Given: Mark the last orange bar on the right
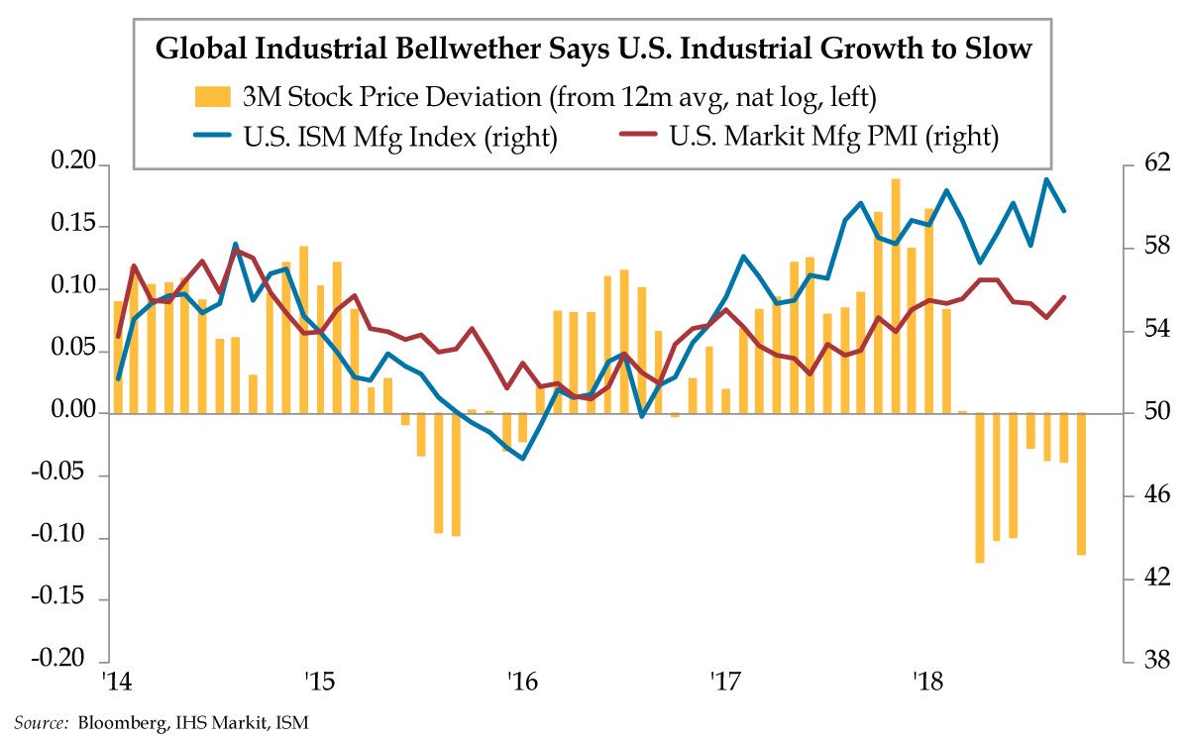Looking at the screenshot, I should (1081, 483).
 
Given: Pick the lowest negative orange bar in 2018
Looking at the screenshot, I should (980, 487).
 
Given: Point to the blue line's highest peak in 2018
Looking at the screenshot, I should (1046, 179).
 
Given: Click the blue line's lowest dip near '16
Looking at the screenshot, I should (523, 459).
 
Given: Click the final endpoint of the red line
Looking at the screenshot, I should (1064, 297).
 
